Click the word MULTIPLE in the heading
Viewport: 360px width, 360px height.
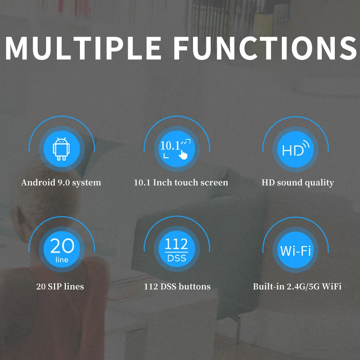pyautogui.click(x=83, y=48)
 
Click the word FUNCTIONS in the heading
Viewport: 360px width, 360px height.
pyautogui.click(x=265, y=48)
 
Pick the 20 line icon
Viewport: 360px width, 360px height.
pyautogui.click(x=62, y=250)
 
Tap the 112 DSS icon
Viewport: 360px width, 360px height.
pyautogui.click(x=177, y=250)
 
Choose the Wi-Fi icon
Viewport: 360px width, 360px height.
pyautogui.click(x=296, y=250)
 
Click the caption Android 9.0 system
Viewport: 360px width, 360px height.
pyautogui.click(x=61, y=183)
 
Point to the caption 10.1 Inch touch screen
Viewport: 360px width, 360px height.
pyautogui.click(x=181, y=183)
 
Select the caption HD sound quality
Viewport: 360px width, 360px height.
pyautogui.click(x=298, y=183)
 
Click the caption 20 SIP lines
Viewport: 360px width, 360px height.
pyautogui.click(x=60, y=287)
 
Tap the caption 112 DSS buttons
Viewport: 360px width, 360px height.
pyautogui.click(x=177, y=287)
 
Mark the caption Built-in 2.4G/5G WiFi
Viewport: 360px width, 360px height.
pyautogui.click(x=297, y=287)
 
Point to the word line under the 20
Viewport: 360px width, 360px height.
pyautogui.click(x=62, y=260)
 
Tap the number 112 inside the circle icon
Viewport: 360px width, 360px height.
pyautogui.click(x=176, y=244)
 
